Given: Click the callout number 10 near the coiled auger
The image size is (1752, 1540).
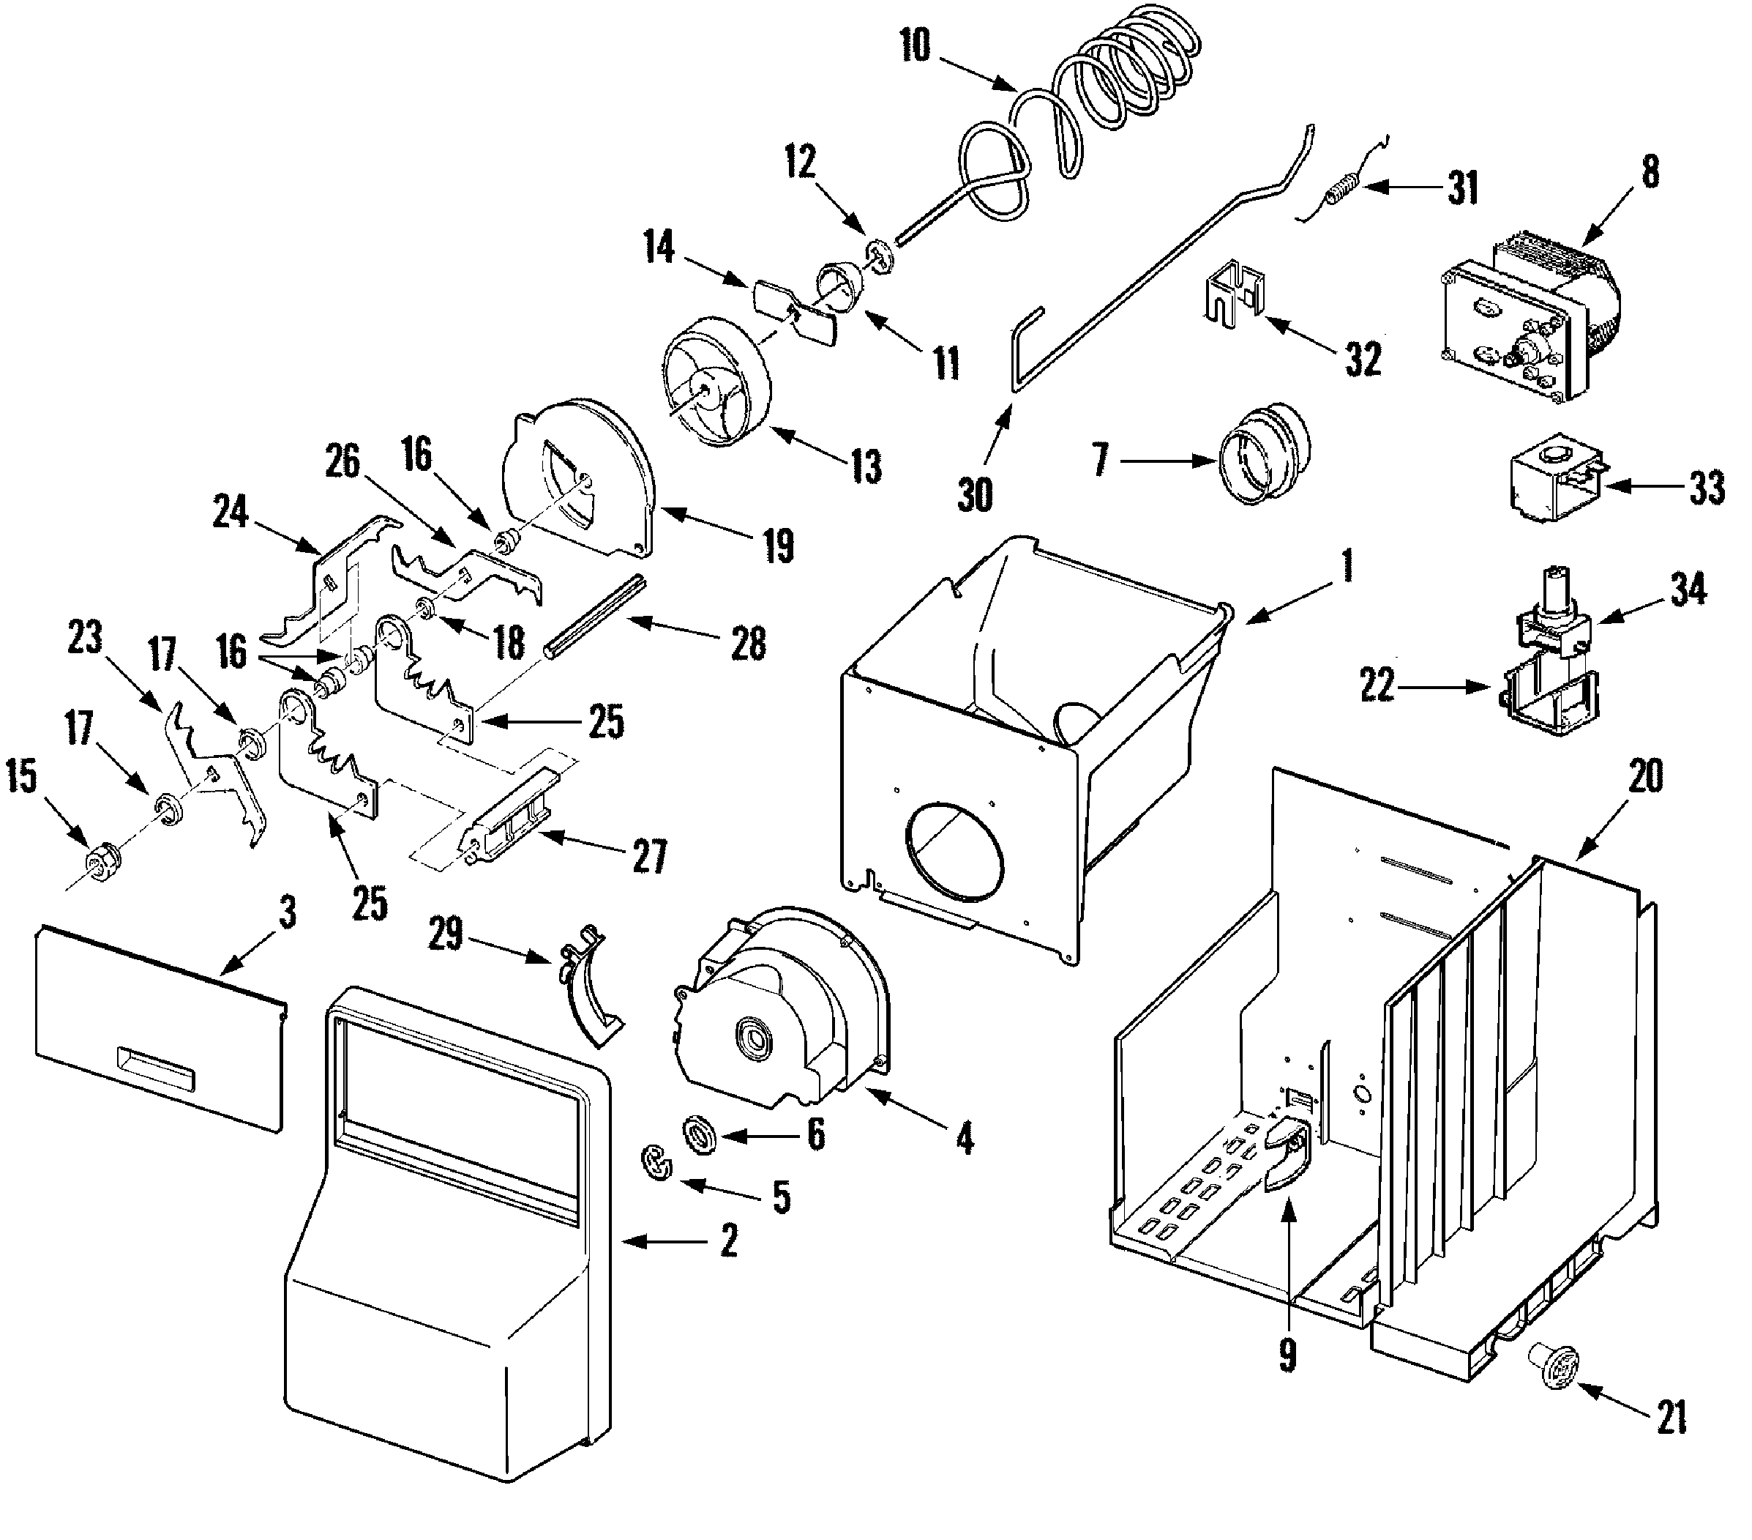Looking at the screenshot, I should coord(915,46).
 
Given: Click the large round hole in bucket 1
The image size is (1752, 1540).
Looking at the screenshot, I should coord(952,852).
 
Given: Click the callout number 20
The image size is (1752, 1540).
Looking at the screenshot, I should coord(1645,777).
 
